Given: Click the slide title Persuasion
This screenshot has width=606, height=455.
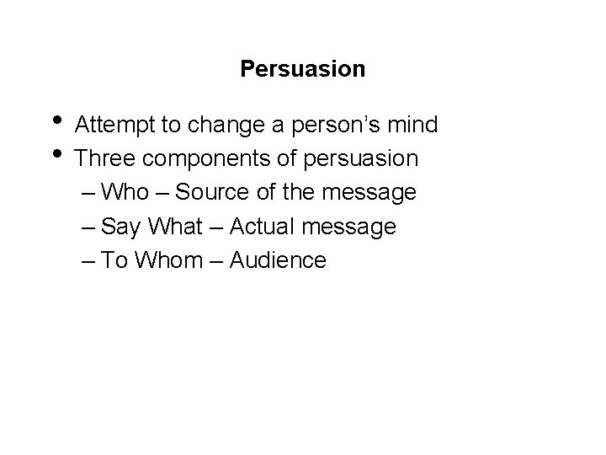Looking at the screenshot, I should click(302, 68).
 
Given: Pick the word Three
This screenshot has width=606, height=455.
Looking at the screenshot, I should click(100, 158).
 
